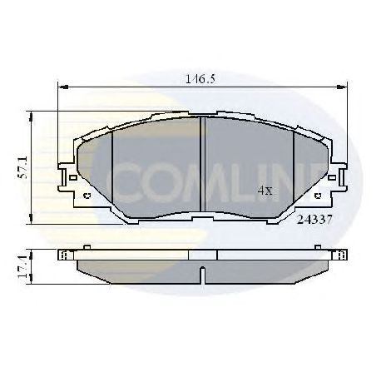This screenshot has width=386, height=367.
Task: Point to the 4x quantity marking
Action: click(x=265, y=191)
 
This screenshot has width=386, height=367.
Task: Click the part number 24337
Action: click(x=314, y=221)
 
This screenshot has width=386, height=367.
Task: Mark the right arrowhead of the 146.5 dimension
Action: click(x=344, y=86)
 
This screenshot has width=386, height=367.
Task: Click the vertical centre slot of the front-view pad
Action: click(x=204, y=162)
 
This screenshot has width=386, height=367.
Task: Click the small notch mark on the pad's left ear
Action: click(x=87, y=196)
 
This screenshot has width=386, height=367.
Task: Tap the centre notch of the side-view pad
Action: click(x=204, y=271)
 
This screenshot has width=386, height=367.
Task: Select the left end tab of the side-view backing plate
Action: click(x=63, y=254)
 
